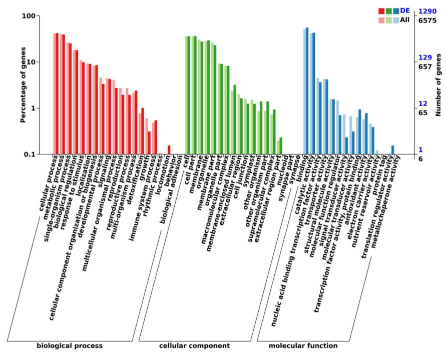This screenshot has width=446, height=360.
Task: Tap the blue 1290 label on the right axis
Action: [427, 11]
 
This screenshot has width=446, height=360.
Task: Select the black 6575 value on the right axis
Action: [427, 20]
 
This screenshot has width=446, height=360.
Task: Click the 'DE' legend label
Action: [404, 10]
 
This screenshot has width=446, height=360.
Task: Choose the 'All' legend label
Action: [404, 20]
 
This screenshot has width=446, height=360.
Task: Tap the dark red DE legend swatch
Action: [381, 11]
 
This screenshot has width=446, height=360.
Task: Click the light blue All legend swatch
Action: [396, 20]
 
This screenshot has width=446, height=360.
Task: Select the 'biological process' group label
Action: [70, 345]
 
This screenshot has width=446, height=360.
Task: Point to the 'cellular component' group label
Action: [194, 345]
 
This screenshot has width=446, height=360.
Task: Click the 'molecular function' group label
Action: [303, 345]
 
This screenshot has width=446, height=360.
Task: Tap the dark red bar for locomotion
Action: [169, 149]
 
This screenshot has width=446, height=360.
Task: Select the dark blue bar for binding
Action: [307, 90]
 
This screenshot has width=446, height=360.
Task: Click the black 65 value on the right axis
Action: [423, 113]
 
